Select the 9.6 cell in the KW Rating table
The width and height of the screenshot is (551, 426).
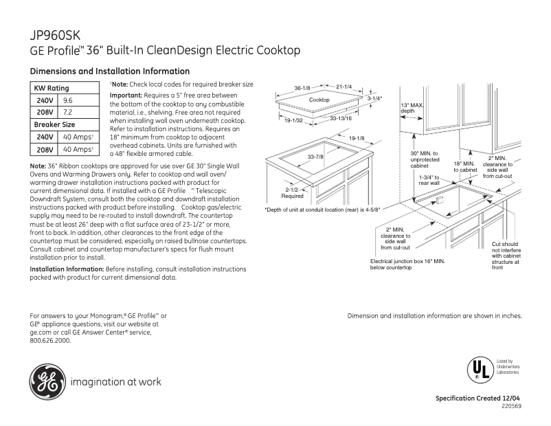(x=68, y=100)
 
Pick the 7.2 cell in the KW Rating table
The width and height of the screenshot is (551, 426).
(x=68, y=113)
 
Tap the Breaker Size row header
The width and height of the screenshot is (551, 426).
(x=54, y=125)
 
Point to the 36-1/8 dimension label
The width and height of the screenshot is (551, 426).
(x=303, y=88)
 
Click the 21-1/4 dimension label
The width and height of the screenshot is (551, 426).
(x=344, y=87)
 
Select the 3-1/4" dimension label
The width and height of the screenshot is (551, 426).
(x=374, y=98)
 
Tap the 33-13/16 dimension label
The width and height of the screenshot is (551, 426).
(x=341, y=118)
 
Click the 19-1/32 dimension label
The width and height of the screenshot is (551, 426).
(x=293, y=121)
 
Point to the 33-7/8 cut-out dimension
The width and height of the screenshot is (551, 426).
(x=315, y=157)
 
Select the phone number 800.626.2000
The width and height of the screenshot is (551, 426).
(x=50, y=339)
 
